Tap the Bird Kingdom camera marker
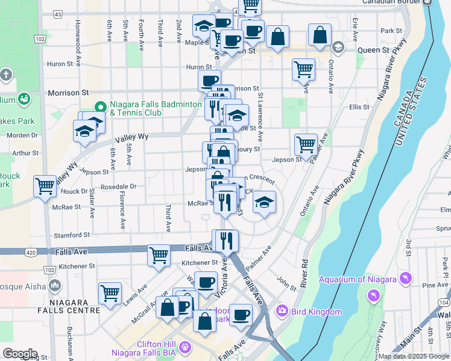(282, 311)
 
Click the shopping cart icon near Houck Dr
(45, 187)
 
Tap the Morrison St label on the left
(68, 93)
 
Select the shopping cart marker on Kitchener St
(159, 255)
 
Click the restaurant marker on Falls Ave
(226, 240)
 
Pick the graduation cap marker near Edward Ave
(263, 202)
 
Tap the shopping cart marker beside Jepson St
(306, 144)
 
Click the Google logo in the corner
(19, 354)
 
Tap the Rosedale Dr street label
(118, 187)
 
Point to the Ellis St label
(358, 107)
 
